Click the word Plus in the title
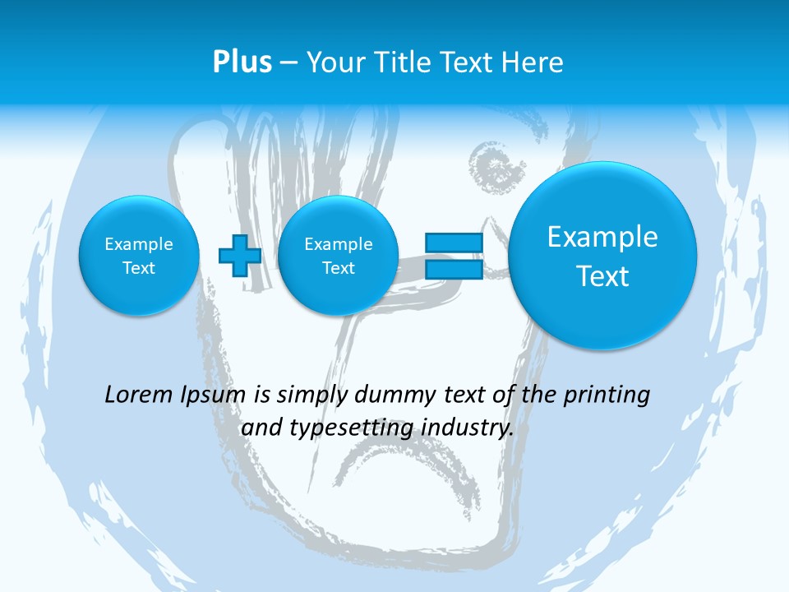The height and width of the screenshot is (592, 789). point(242,62)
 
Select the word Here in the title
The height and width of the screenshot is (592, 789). point(533,62)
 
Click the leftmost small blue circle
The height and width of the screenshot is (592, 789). point(138,255)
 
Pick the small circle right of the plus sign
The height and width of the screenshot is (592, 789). point(338,255)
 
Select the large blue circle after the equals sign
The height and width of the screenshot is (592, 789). point(602,255)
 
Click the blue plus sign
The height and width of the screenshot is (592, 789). point(239,255)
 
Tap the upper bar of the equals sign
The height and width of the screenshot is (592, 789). point(454,243)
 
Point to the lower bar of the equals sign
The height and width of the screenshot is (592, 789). point(454,269)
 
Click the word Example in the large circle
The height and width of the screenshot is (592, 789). point(602,237)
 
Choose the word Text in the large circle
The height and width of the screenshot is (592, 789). point(602,276)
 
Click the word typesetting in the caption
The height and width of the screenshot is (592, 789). point(344,428)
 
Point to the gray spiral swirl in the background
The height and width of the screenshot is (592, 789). point(496,169)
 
